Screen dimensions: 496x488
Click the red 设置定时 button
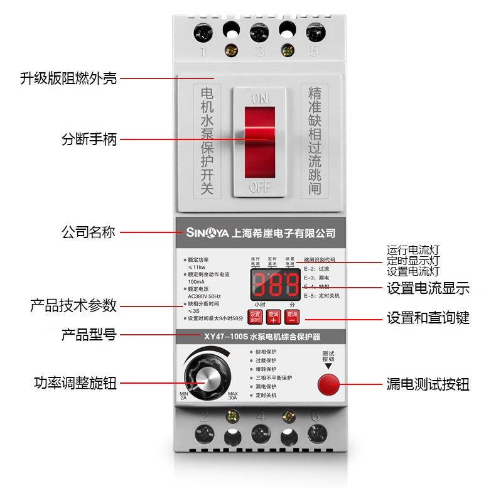tap(254, 317)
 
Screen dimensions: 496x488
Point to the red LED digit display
tap(276, 285)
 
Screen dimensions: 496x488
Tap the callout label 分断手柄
tap(89, 139)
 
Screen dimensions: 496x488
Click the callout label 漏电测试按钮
tap(428, 384)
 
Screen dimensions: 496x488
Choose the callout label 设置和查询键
tap(428, 318)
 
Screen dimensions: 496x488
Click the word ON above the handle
tap(259, 99)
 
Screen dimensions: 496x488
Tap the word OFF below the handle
tap(259, 187)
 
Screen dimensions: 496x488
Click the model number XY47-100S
tap(225, 337)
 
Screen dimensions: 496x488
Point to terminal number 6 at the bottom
tap(315, 415)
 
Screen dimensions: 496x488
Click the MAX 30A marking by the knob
tap(233, 395)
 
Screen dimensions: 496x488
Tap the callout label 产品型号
tap(89, 334)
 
